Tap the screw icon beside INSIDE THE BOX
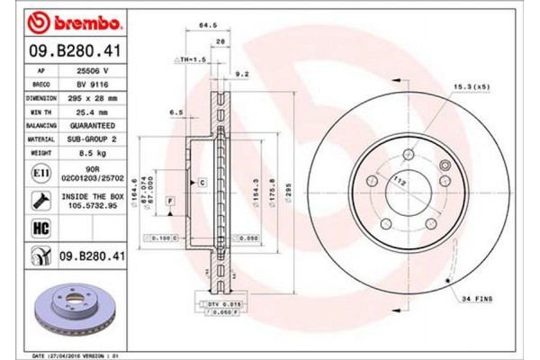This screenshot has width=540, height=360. tap(41, 200)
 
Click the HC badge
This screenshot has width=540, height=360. tap(41, 229)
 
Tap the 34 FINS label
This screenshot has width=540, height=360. tap(478, 298)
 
